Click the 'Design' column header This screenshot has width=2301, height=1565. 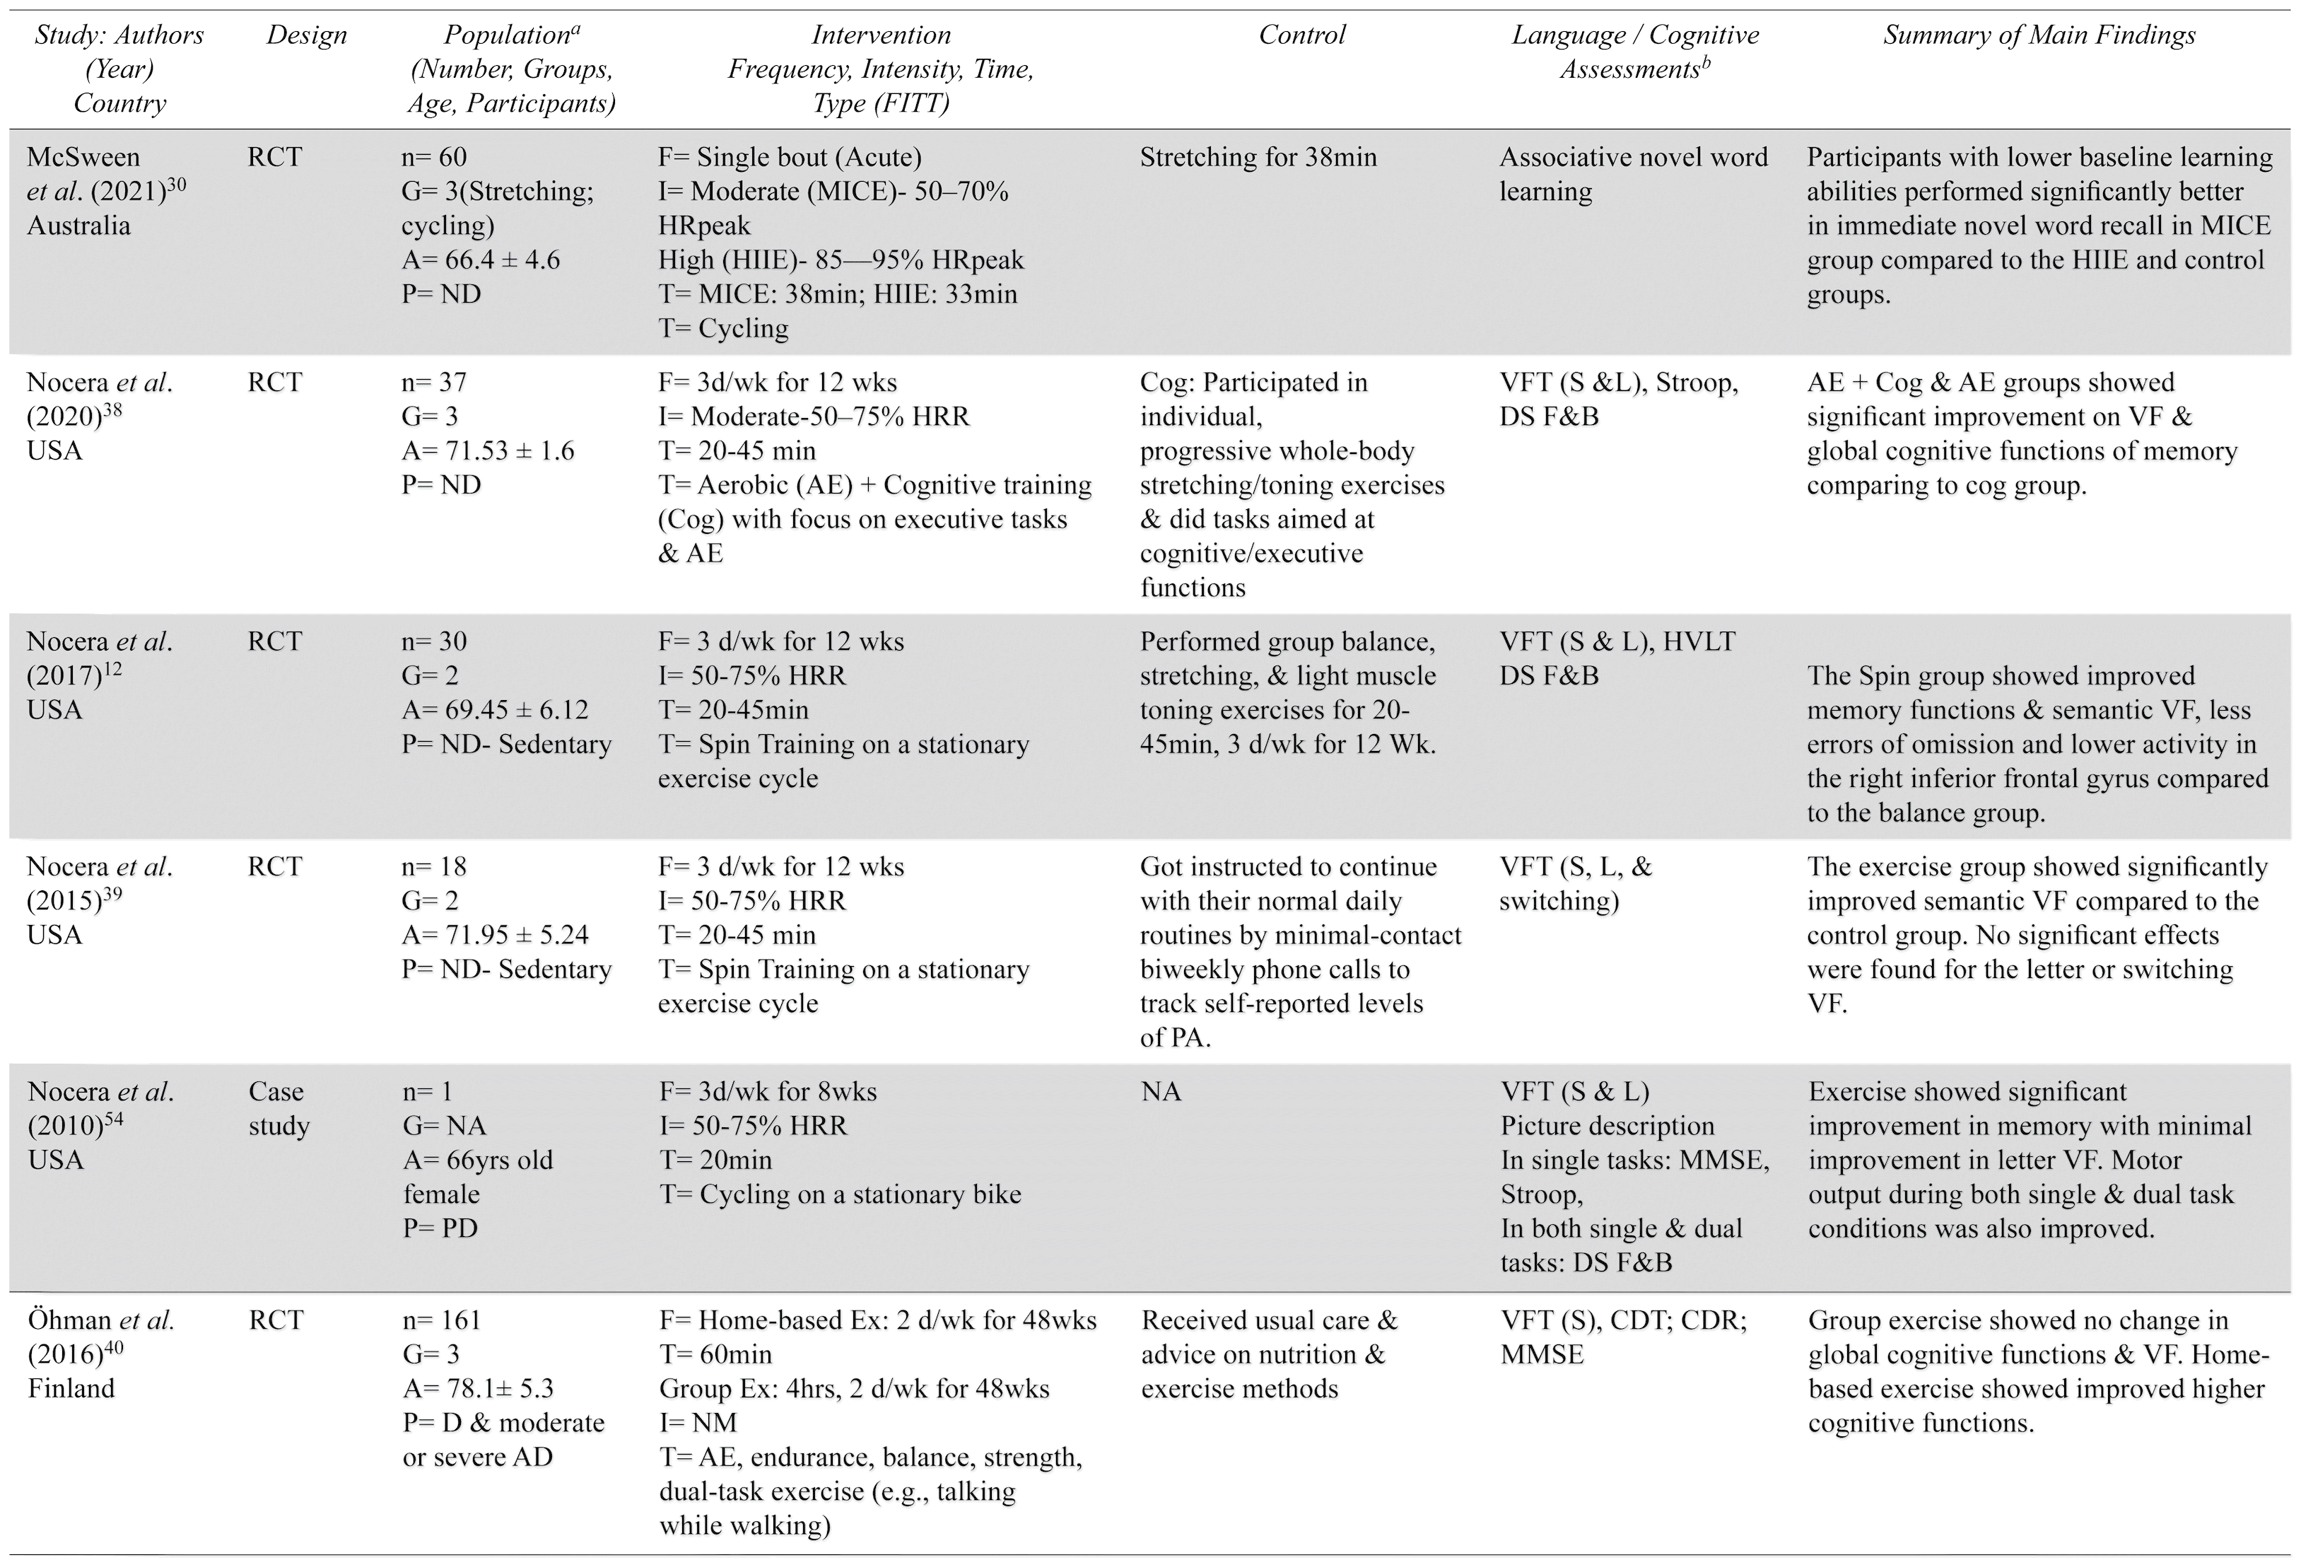pyautogui.click(x=307, y=35)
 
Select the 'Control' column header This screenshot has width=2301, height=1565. pyautogui.click(x=1302, y=35)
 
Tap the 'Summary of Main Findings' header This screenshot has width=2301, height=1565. pyautogui.click(x=2039, y=35)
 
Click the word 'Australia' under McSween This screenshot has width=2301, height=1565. pyautogui.click(x=78, y=226)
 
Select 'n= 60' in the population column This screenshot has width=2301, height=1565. pyautogui.click(x=433, y=158)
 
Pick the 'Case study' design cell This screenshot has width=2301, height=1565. pyautogui.click(x=279, y=1108)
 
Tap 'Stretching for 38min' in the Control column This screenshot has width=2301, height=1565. pyautogui.click(x=1258, y=158)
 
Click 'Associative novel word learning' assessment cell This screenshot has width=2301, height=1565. pyautogui.click(x=1633, y=175)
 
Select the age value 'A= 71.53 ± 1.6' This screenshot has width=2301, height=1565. pyautogui.click(x=487, y=450)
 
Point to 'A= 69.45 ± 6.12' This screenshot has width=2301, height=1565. pyautogui.click(x=494, y=710)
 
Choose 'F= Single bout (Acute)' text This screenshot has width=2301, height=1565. pyautogui.click(x=790, y=158)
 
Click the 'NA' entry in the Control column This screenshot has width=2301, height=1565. pyautogui.click(x=1161, y=1091)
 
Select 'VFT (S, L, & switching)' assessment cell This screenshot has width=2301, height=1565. pyautogui.click(x=1576, y=883)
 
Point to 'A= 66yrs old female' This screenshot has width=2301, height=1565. pyautogui.click(x=477, y=1177)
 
